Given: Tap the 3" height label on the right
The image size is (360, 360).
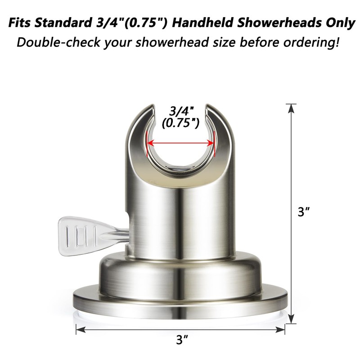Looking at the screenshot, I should [302, 212].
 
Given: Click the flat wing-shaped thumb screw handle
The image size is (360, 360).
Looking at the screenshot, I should [81, 233].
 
